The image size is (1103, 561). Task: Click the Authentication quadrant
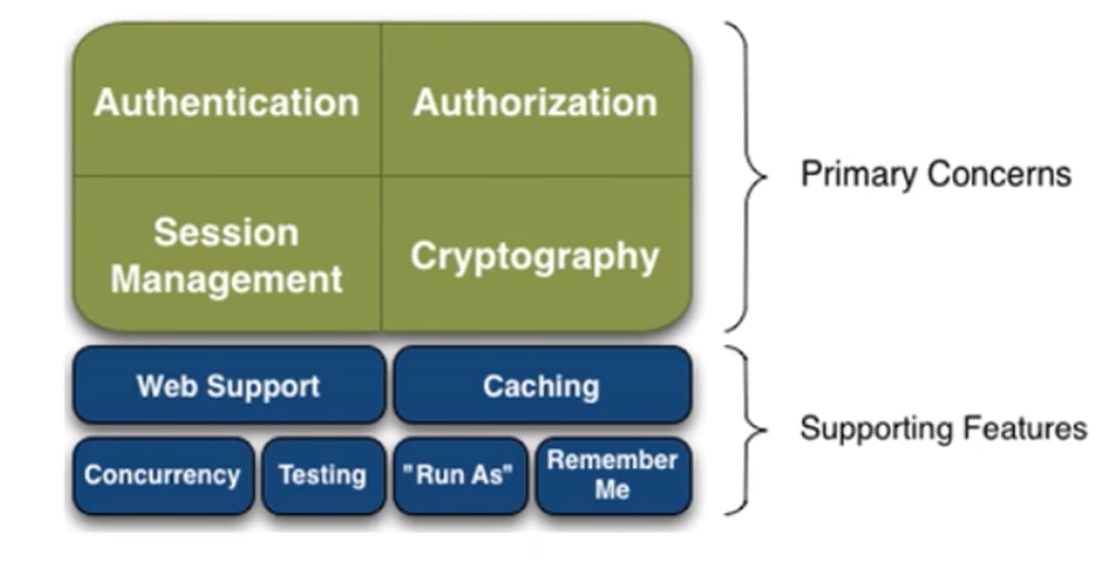[226, 101]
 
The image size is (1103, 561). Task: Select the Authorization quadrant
[536, 101]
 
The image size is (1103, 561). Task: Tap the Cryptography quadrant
[536, 256]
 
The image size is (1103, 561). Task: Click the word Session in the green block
[226, 233]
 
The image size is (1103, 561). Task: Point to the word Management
[226, 279]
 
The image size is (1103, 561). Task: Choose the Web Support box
[228, 385]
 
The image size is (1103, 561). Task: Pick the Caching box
[541, 385]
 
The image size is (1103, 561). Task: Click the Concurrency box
[163, 475]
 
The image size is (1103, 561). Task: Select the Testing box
[323, 475]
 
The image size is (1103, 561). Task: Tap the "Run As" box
[460, 475]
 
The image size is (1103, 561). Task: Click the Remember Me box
[612, 475]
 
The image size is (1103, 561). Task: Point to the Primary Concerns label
[936, 174]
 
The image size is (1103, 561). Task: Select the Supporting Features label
[942, 429]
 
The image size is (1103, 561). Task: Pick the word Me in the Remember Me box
[612, 489]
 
